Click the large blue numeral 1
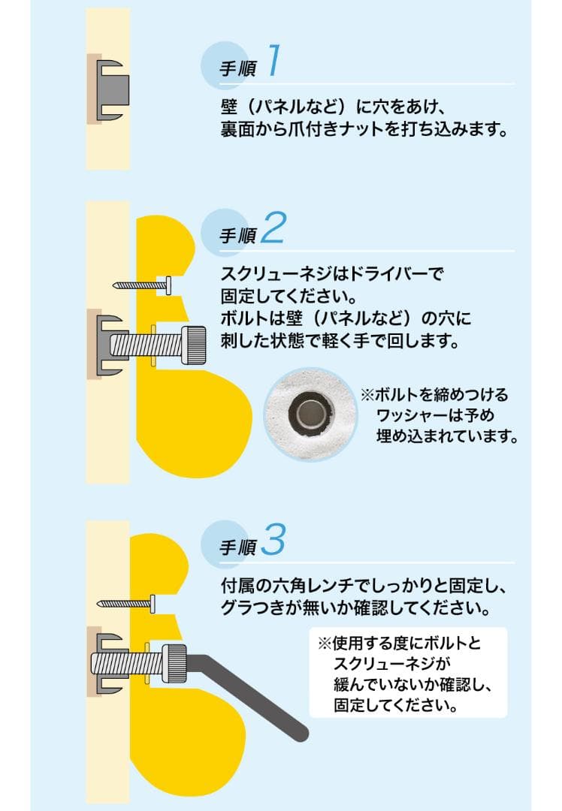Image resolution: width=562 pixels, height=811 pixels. pos(274,60)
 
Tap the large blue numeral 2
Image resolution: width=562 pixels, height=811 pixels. pos(273,228)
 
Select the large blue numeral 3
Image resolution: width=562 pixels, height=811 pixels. pos(273,539)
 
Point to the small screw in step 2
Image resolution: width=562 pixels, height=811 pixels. pos(142,285)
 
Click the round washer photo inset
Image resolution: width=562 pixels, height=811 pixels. pos(310,414)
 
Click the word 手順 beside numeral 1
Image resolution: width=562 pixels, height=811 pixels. pos(237,68)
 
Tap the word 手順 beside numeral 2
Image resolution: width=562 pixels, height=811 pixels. pos(237,236)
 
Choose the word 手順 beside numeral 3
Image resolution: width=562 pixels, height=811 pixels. pos(237,547)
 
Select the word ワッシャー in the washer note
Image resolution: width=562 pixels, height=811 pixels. pos(410,415)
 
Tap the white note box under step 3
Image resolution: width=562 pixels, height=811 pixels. pos(408,672)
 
